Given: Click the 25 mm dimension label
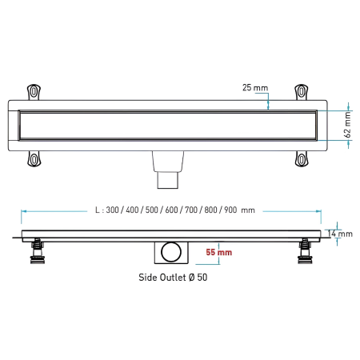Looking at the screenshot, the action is coord(255,87).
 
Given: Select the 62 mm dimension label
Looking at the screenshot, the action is coord(347,125).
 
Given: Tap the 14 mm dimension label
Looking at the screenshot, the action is coord(340,234).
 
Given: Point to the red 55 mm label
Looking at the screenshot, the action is coord(219,252).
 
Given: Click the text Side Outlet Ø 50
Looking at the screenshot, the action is coord(173,278).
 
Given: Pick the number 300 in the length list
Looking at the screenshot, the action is coord(112,210).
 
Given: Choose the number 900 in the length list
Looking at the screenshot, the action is coord(230,210).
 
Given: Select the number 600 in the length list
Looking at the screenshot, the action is coord(171,210).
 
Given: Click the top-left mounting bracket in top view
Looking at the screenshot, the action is coord(34,92).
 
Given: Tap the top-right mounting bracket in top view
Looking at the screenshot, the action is coord(302,92).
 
